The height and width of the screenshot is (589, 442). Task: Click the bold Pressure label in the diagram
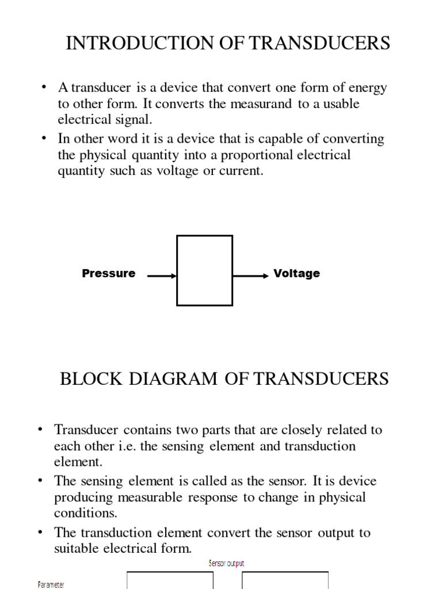pyautogui.click(x=109, y=274)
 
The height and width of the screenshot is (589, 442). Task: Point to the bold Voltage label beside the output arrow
pyautogui.click(x=296, y=274)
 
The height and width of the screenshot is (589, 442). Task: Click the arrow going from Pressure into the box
pyautogui.click(x=162, y=276)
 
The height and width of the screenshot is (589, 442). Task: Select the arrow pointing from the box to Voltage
pyautogui.click(x=251, y=276)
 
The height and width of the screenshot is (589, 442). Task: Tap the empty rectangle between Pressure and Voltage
pyautogui.click(x=204, y=270)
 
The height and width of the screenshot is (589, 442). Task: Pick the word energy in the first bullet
pyautogui.click(x=367, y=88)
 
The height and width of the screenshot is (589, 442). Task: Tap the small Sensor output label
pyautogui.click(x=226, y=564)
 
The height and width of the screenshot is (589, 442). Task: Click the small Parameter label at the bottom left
pyautogui.click(x=51, y=584)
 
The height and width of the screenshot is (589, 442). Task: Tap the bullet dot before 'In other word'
pyautogui.click(x=44, y=139)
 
